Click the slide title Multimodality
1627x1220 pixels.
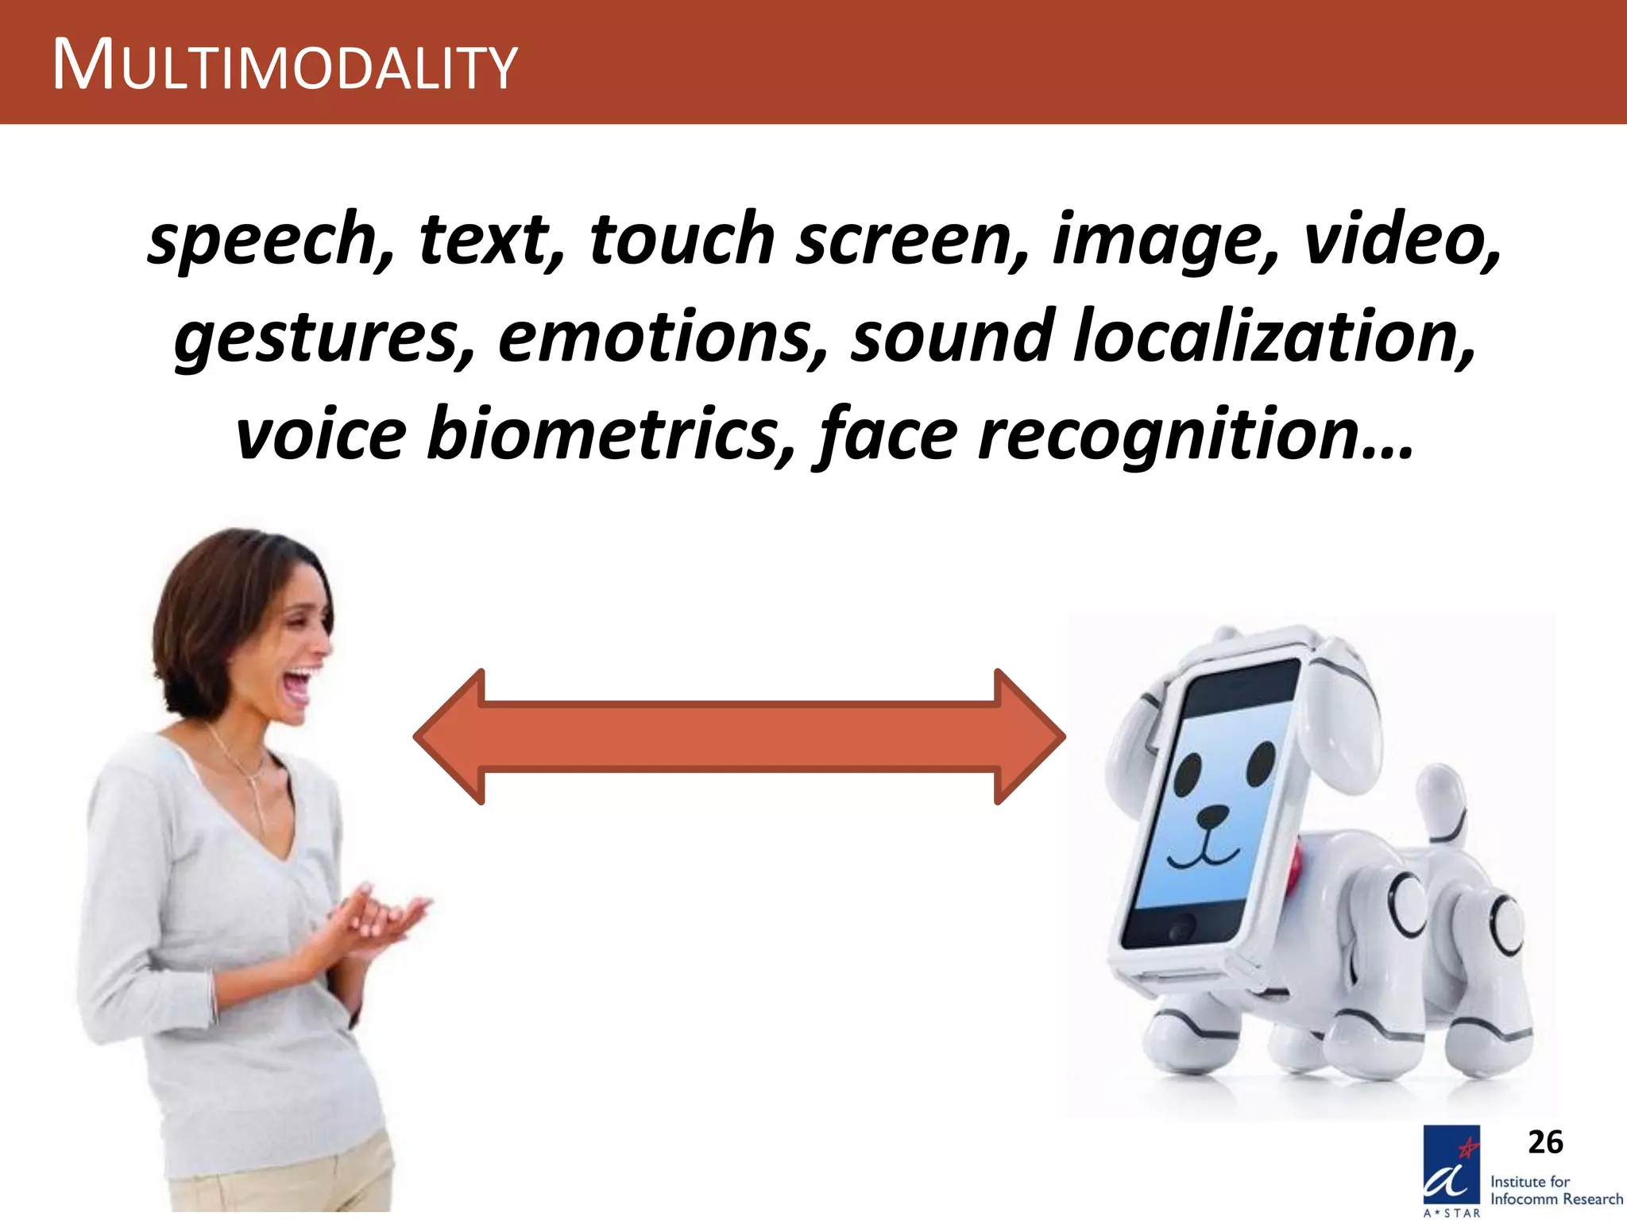point(284,66)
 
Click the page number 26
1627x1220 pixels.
point(1545,1142)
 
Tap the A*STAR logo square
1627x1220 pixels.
point(1451,1166)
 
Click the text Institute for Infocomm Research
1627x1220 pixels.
point(1556,1190)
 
